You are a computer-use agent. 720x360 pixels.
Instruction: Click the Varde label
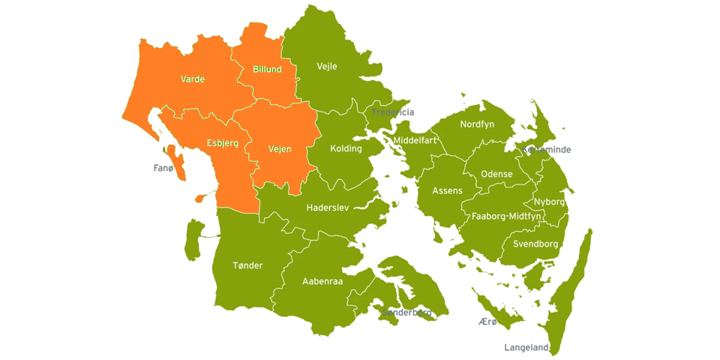[192, 79]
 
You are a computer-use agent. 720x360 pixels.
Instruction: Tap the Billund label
[267, 69]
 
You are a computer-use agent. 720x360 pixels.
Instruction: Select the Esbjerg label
[222, 142]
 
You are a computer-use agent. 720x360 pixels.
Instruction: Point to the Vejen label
[279, 148]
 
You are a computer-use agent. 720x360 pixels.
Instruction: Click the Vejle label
[327, 66]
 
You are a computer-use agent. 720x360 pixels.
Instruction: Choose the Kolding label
[346, 148]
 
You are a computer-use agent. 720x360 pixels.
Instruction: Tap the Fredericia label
[393, 112]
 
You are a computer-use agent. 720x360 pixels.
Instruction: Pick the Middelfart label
[415, 140]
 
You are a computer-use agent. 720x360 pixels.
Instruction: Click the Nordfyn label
[477, 124]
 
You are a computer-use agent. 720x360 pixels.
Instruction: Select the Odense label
[496, 174]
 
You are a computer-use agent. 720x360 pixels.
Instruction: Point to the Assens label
[447, 191]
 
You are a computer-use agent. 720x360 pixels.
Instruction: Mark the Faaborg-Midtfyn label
[506, 216]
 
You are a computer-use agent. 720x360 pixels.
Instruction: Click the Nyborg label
[549, 202]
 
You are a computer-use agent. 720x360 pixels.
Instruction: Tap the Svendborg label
[535, 244]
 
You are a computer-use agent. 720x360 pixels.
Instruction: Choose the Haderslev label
[328, 207]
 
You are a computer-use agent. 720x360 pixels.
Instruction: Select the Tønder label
[247, 265]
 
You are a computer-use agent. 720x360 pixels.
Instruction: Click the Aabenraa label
[322, 281]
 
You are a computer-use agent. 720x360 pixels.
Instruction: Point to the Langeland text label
[526, 347]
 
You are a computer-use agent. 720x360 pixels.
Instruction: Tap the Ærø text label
[487, 322]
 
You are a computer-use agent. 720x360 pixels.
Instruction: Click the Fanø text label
[163, 168]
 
